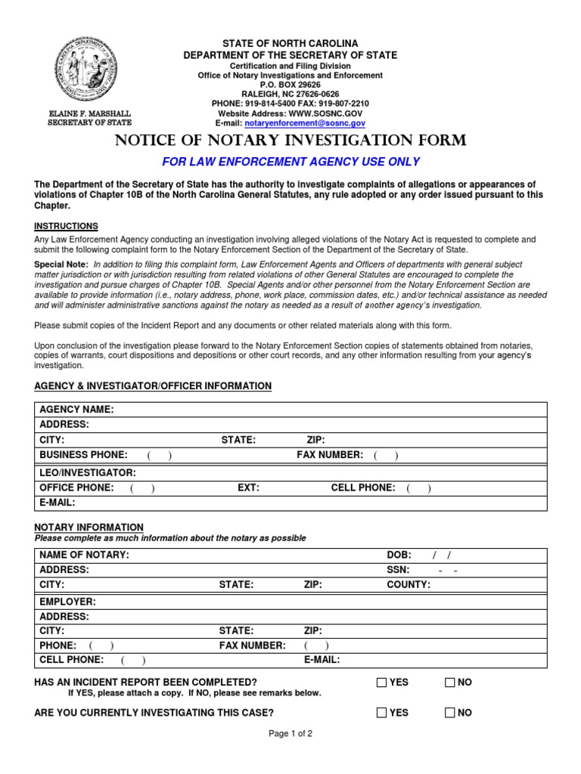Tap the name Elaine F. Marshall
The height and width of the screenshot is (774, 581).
pyautogui.click(x=89, y=113)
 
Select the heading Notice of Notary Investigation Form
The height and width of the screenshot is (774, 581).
pyautogui.click(x=290, y=141)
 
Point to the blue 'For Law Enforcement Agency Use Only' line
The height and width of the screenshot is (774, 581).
pyautogui.click(x=291, y=162)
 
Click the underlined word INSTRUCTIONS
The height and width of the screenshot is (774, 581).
pyautogui.click(x=67, y=226)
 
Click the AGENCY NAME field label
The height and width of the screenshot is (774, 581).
pyautogui.click(x=76, y=409)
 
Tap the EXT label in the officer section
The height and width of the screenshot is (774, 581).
pyautogui.click(x=249, y=488)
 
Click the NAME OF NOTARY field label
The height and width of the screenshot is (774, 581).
pyautogui.click(x=84, y=555)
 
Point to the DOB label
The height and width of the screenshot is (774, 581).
pyautogui.click(x=399, y=555)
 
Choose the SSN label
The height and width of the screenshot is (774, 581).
pyautogui.click(x=398, y=570)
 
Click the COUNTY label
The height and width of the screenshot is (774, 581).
pyautogui.click(x=409, y=584)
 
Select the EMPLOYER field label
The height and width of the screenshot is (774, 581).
pyautogui.click(x=68, y=602)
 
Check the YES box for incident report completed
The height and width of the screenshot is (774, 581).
pyautogui.click(x=381, y=683)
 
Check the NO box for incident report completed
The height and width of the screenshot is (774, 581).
pyautogui.click(x=449, y=683)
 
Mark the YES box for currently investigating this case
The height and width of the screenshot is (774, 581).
pyautogui.click(x=381, y=713)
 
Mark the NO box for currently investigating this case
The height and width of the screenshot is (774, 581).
pyautogui.click(x=449, y=713)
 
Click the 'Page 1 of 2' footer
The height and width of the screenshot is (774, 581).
pyautogui.click(x=290, y=733)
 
